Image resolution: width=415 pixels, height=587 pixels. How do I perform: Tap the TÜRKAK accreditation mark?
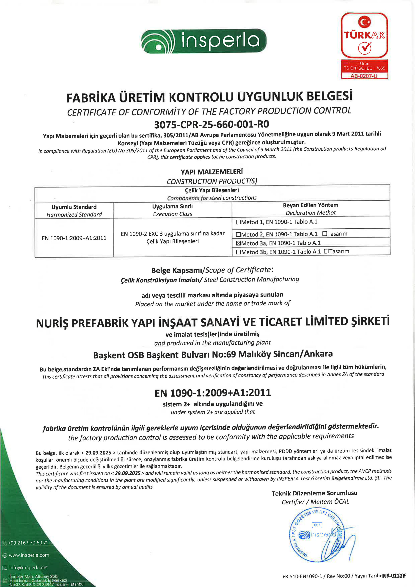364,35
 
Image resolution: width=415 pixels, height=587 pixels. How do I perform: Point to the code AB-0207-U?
364,76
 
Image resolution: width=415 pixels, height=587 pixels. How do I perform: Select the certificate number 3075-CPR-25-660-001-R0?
212,125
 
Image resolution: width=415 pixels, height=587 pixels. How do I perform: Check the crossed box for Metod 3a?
238,243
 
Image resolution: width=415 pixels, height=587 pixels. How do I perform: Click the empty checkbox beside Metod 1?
238,222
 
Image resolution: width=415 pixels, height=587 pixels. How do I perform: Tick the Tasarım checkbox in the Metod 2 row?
324,234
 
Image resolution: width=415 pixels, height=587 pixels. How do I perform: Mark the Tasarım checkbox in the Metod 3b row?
327,251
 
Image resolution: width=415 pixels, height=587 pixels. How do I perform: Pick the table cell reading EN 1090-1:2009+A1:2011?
74,238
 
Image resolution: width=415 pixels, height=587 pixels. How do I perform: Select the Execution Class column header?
173,214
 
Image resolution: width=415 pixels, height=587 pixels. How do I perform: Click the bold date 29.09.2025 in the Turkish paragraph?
98,453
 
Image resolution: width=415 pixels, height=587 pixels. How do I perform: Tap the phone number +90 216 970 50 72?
28,543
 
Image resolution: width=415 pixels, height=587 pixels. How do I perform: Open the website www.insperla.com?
29,555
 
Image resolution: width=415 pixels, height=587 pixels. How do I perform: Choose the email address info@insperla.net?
28,567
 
